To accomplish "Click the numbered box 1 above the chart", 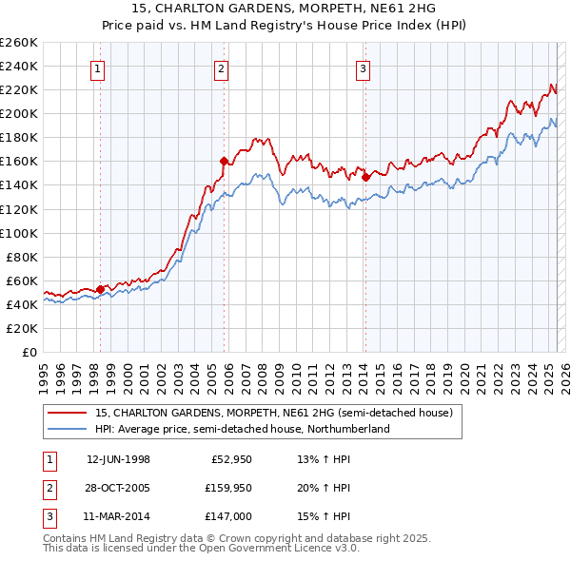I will (99, 68).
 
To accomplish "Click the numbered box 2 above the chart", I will (221, 68).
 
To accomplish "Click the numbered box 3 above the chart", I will (363, 68).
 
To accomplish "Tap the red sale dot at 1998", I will (100, 289).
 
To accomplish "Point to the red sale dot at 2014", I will (365, 176).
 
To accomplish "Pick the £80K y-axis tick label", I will (21, 257).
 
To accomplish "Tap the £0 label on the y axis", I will (28, 352).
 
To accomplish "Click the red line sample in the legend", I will (67, 413).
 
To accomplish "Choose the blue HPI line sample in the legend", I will (67, 429).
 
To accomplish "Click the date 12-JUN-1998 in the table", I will (118, 459).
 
